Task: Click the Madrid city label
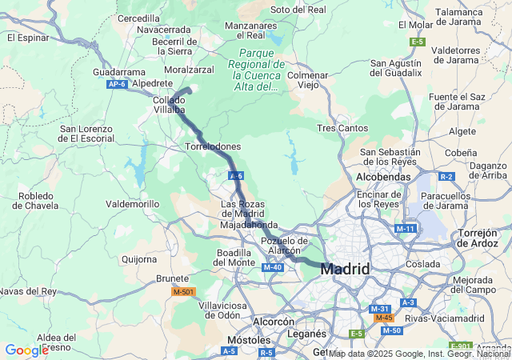[345, 270]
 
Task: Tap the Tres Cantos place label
[342, 128]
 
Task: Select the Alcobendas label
[383, 177]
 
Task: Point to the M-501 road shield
[184, 292]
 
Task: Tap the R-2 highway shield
[446, 176]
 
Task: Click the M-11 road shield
[406, 229]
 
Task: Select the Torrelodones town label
[213, 147]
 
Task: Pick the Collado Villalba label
[169, 105]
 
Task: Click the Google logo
[26, 350]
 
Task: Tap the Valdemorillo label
[133, 204]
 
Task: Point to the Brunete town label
[172, 278]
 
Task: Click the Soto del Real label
[298, 10]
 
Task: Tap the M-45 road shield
[383, 318]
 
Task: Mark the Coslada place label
[422, 263]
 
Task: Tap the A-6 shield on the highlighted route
[235, 175]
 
